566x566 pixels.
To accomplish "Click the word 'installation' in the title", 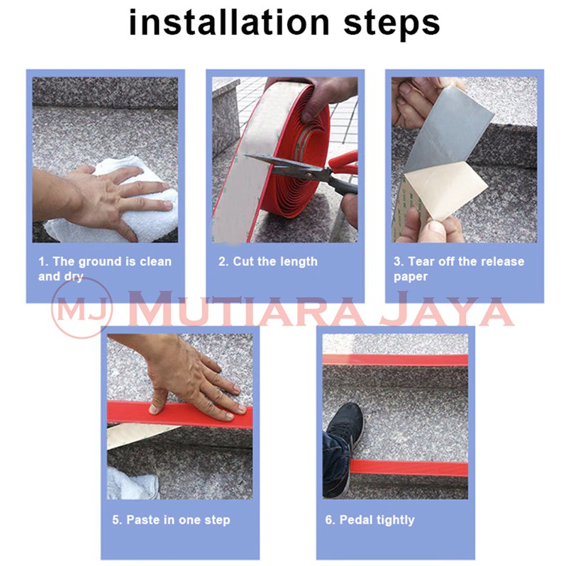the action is (229, 23).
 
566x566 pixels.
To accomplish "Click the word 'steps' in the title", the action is (392, 25).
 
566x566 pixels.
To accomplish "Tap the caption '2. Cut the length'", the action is (267, 262).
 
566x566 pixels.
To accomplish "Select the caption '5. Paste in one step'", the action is (171, 520).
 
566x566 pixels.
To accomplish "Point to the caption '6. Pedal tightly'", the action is (370, 520).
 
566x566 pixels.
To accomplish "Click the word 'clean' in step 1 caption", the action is (155, 261).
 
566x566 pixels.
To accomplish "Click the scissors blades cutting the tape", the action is (285, 165).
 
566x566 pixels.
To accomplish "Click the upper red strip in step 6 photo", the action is (395, 360).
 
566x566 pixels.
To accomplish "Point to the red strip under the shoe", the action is (409, 468).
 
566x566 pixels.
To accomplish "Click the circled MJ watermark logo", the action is (82, 308).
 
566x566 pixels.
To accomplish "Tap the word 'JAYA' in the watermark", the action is (447, 309).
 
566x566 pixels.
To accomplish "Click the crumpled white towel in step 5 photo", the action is (133, 483).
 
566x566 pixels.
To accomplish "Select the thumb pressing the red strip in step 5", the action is (157, 401).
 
